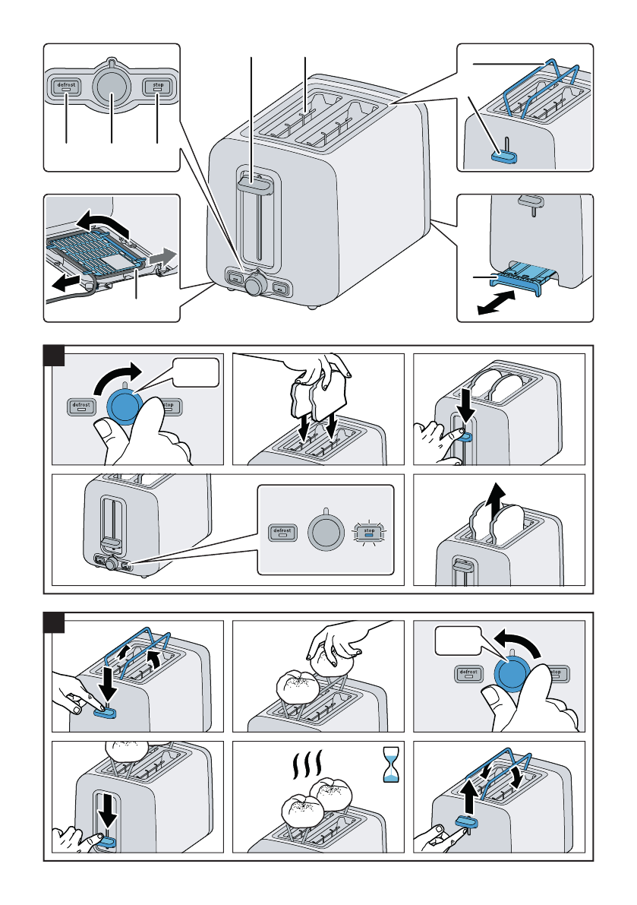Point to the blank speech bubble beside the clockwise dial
pyautogui.click(x=196, y=374)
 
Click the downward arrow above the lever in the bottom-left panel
pyautogui.click(x=109, y=815)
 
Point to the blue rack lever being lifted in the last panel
pyautogui.click(x=465, y=822)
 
